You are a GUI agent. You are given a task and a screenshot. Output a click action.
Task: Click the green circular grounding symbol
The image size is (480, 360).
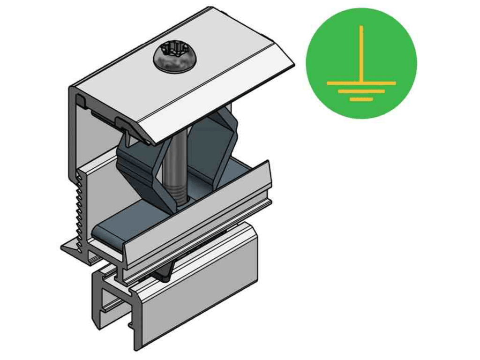click(361, 63)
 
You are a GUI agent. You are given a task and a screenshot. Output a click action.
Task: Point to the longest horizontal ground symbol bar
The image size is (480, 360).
click(361, 83)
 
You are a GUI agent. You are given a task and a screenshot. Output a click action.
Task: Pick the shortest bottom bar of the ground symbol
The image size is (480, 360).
click(361, 99)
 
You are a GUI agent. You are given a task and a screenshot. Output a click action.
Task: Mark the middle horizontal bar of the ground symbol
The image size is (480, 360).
click(361, 91)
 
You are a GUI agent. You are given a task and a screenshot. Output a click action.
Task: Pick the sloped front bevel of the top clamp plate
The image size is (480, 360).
click(220, 94)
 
